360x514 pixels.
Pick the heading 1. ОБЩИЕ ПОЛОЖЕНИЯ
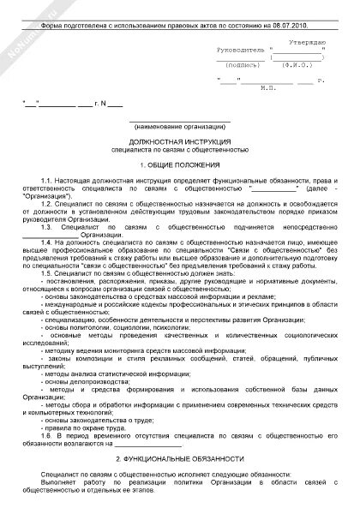179,163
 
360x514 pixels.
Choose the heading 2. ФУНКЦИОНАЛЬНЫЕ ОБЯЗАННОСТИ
179,460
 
